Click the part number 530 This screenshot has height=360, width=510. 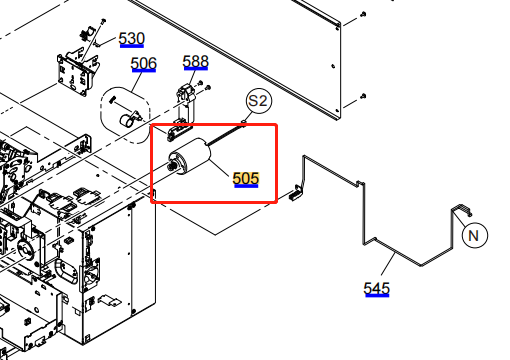(x=132, y=39)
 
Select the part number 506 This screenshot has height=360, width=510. (x=144, y=64)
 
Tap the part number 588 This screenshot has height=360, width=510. (x=196, y=62)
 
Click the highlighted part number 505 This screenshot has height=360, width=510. (x=246, y=179)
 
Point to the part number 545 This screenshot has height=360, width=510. (x=377, y=289)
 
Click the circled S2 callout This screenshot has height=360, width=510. (x=259, y=101)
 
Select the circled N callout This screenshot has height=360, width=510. (x=475, y=235)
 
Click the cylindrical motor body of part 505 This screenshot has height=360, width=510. (x=192, y=157)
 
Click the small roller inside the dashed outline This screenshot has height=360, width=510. (x=126, y=120)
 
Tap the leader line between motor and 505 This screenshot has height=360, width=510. (x=219, y=168)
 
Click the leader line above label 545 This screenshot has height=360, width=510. (x=388, y=264)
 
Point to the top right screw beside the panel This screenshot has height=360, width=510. (x=363, y=14)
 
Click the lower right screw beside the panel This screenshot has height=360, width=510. (x=363, y=96)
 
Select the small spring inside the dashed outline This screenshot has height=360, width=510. (x=113, y=99)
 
